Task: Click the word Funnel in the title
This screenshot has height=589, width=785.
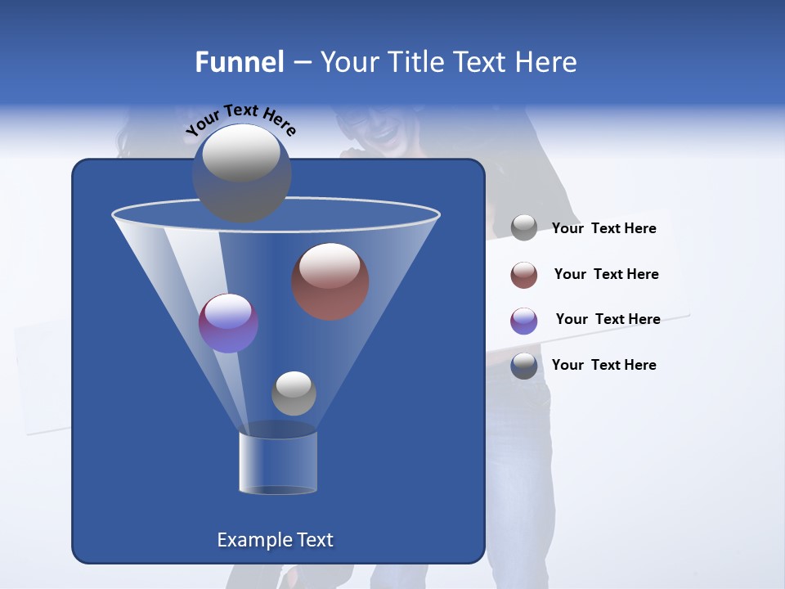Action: [239, 61]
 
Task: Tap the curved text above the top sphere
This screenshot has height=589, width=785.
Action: [241, 118]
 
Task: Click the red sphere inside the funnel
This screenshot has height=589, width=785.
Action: [330, 281]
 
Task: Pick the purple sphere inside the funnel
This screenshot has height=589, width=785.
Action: [228, 322]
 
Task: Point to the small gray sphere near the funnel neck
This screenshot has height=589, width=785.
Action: [294, 393]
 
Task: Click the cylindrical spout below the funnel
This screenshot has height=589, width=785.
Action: [278, 462]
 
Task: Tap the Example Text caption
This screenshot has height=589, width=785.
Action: [275, 540]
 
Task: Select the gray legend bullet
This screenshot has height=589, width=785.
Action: [524, 228]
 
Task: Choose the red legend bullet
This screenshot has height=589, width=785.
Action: [524, 275]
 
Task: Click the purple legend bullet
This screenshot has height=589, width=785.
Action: [524, 321]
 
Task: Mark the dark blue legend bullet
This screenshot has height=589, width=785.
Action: [524, 366]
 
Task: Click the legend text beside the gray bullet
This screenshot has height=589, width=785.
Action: [603, 229]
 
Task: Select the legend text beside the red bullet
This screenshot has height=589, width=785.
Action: [606, 275]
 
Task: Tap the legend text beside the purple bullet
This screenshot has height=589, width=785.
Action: [608, 320]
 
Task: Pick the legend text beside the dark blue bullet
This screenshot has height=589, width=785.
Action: [603, 365]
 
